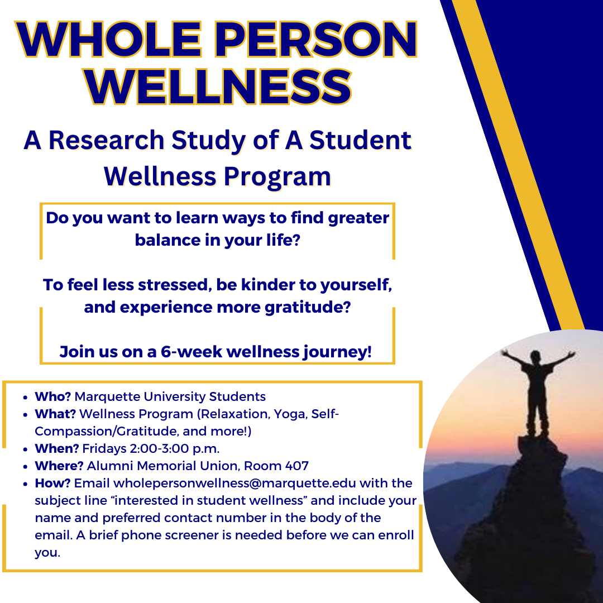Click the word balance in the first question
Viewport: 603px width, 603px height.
click(166, 240)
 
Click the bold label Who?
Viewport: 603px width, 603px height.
click(52, 397)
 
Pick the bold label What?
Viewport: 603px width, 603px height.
click(55, 414)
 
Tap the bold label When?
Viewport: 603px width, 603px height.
click(56, 448)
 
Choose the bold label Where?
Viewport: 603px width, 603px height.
click(59, 466)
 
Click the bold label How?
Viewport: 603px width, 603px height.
click(52, 483)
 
